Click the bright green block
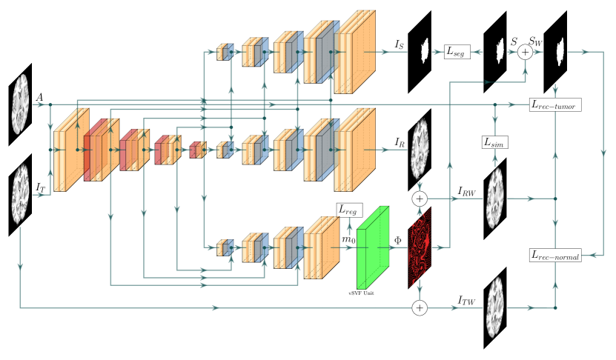[x=372, y=249]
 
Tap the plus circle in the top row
[x=525, y=52]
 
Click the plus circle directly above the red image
[x=420, y=199]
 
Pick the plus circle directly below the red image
[x=420, y=307]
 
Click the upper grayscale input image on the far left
[x=20, y=104]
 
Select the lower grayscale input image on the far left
[x=20, y=194]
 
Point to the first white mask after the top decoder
[x=425, y=51]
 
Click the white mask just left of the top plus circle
[x=500, y=51]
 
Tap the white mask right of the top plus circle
[x=560, y=52]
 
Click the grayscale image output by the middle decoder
[x=420, y=148]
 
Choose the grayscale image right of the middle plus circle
[x=495, y=199]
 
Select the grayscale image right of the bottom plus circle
[x=495, y=307]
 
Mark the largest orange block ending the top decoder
[x=355, y=56]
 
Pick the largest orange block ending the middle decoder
[x=355, y=154]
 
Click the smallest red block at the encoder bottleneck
[x=196, y=150]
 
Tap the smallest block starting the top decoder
[x=224, y=52]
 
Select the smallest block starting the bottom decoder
[x=224, y=248]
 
